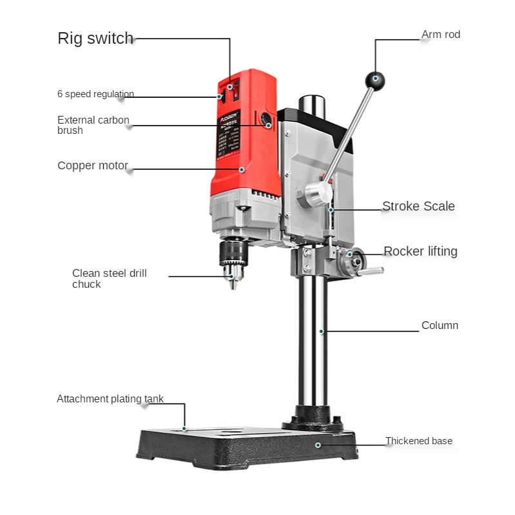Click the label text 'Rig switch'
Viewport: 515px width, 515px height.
[x=95, y=38]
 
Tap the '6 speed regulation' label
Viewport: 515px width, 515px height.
[x=95, y=94]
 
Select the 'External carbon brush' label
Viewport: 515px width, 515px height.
[x=93, y=125]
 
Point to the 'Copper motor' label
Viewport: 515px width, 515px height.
[x=92, y=166]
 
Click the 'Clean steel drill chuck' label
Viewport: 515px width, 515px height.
[x=109, y=279]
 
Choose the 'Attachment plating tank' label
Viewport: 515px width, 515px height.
[x=110, y=399]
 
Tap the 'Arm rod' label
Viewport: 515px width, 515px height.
[x=441, y=35]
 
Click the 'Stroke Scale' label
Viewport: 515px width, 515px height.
[x=418, y=207]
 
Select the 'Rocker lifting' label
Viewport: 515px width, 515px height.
[x=420, y=252]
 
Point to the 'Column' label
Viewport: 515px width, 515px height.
[x=440, y=326]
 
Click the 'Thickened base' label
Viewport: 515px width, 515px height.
[x=419, y=442]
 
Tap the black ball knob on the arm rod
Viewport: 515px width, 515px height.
[x=374, y=81]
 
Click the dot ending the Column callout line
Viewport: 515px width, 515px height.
[x=322, y=332]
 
